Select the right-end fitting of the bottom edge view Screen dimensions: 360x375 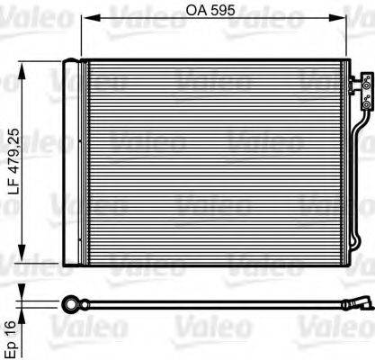[359, 304]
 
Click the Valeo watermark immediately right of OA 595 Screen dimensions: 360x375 [270, 13]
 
